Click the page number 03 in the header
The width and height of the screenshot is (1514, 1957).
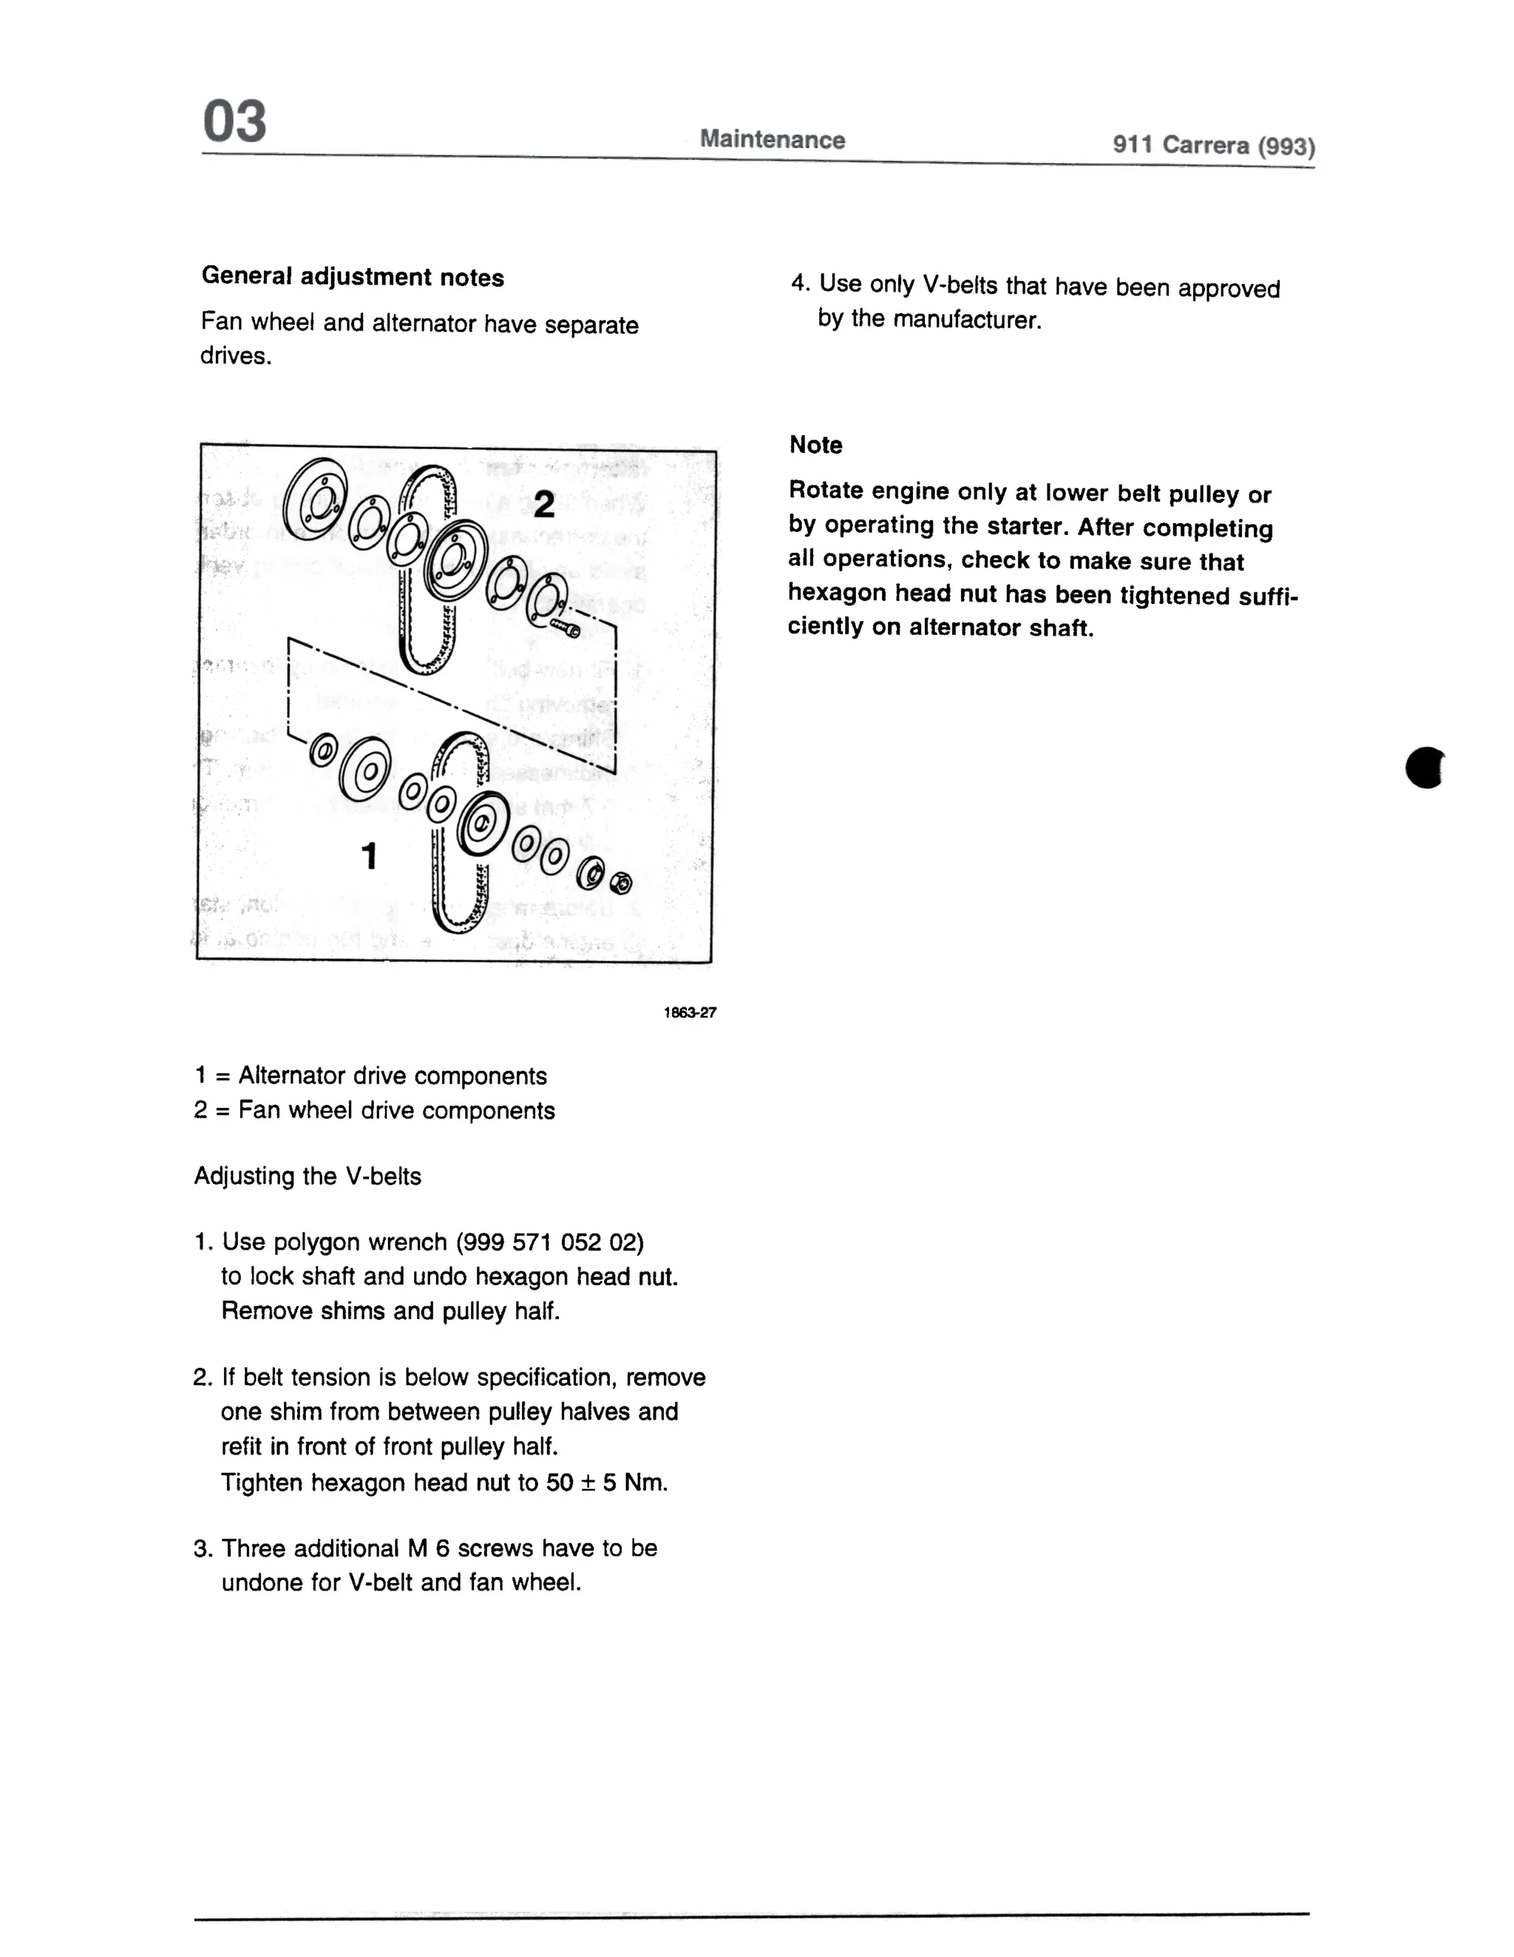(234, 122)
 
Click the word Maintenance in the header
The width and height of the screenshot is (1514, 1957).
(772, 139)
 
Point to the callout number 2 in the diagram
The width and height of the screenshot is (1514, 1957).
(543, 505)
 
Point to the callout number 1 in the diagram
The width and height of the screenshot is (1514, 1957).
(368, 856)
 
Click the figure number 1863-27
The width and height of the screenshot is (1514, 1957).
(689, 1012)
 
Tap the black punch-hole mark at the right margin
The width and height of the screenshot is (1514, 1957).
(1425, 767)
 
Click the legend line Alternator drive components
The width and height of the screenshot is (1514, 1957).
(392, 1075)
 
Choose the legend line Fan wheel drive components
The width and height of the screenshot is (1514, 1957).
(396, 1110)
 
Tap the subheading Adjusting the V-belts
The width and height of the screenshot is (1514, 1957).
(308, 1176)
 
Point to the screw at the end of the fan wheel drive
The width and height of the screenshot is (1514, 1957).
(566, 627)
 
